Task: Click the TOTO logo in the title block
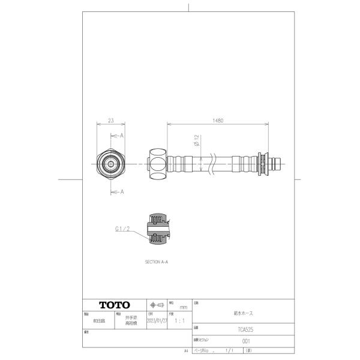[x=114, y=305]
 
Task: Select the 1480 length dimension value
[x=218, y=121]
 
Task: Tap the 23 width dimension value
[x=110, y=121]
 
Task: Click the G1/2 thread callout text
[x=122, y=229]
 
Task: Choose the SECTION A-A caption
[x=157, y=262]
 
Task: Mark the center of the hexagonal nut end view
[x=110, y=163]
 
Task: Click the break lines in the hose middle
[x=211, y=163]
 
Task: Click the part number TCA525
[x=242, y=329]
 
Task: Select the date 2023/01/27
[x=157, y=321]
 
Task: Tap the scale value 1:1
[x=179, y=321]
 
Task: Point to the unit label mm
[x=183, y=307]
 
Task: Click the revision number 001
[x=245, y=341]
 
